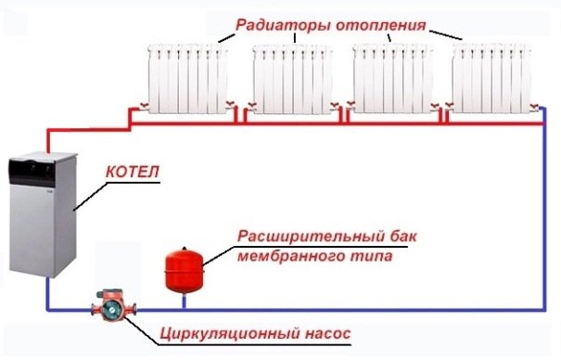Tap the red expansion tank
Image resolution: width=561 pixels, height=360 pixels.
[x=182, y=266]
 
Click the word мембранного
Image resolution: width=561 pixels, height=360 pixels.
[x=280, y=254]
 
